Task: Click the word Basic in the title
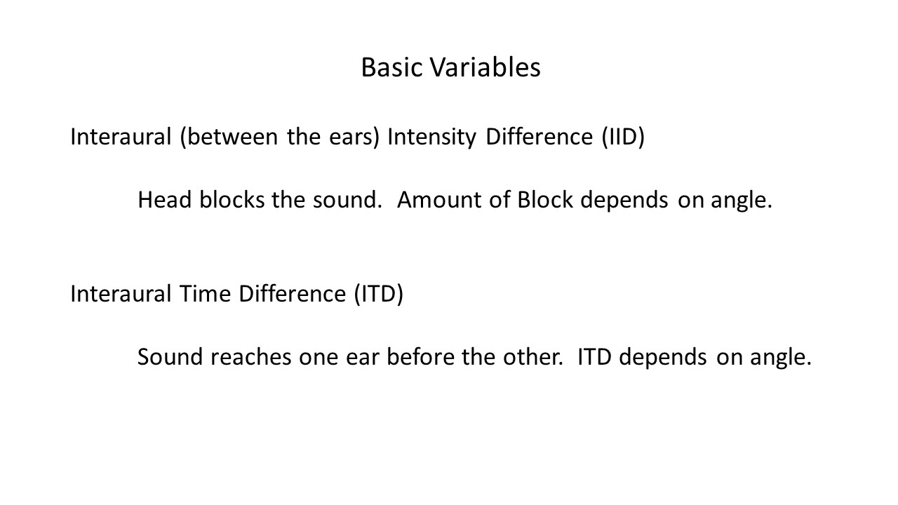click(x=391, y=67)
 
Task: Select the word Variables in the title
click(x=485, y=67)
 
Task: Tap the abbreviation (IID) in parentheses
click(x=623, y=137)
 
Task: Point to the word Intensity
click(x=431, y=137)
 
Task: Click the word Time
click(x=205, y=294)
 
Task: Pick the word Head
click(x=165, y=200)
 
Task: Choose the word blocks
click(x=232, y=200)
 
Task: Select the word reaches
click(x=251, y=357)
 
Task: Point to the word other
click(x=533, y=357)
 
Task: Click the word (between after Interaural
click(x=229, y=137)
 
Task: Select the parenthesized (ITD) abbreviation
click(x=379, y=294)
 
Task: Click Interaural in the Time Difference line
click(x=121, y=294)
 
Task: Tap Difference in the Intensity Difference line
click(x=540, y=137)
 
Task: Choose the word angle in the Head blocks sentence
click(x=742, y=201)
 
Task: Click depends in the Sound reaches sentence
click(x=663, y=358)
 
